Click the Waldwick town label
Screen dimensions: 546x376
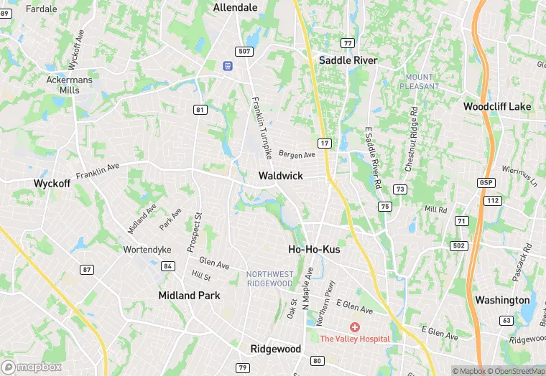pos(281,176)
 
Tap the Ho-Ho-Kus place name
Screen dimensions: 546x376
pos(314,249)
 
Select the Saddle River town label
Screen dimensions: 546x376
pos(348,60)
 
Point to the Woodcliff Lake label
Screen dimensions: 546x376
pos(497,106)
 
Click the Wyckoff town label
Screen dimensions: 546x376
pos(52,183)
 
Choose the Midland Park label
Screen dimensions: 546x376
pos(189,295)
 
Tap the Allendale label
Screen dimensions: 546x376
pos(236,7)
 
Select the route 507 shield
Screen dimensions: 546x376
pos(244,50)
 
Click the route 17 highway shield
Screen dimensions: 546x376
pos(325,144)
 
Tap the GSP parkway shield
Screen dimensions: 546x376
pos(486,183)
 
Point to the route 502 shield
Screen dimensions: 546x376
pos(459,245)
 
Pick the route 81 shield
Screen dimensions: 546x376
pos(200,110)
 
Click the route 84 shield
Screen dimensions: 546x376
pos(168,266)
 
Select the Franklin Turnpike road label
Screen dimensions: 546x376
pos(262,128)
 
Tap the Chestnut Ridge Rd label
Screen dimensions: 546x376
pos(411,139)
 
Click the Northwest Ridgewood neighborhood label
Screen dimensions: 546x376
pos(269,278)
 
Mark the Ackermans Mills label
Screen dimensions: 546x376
pos(69,85)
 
